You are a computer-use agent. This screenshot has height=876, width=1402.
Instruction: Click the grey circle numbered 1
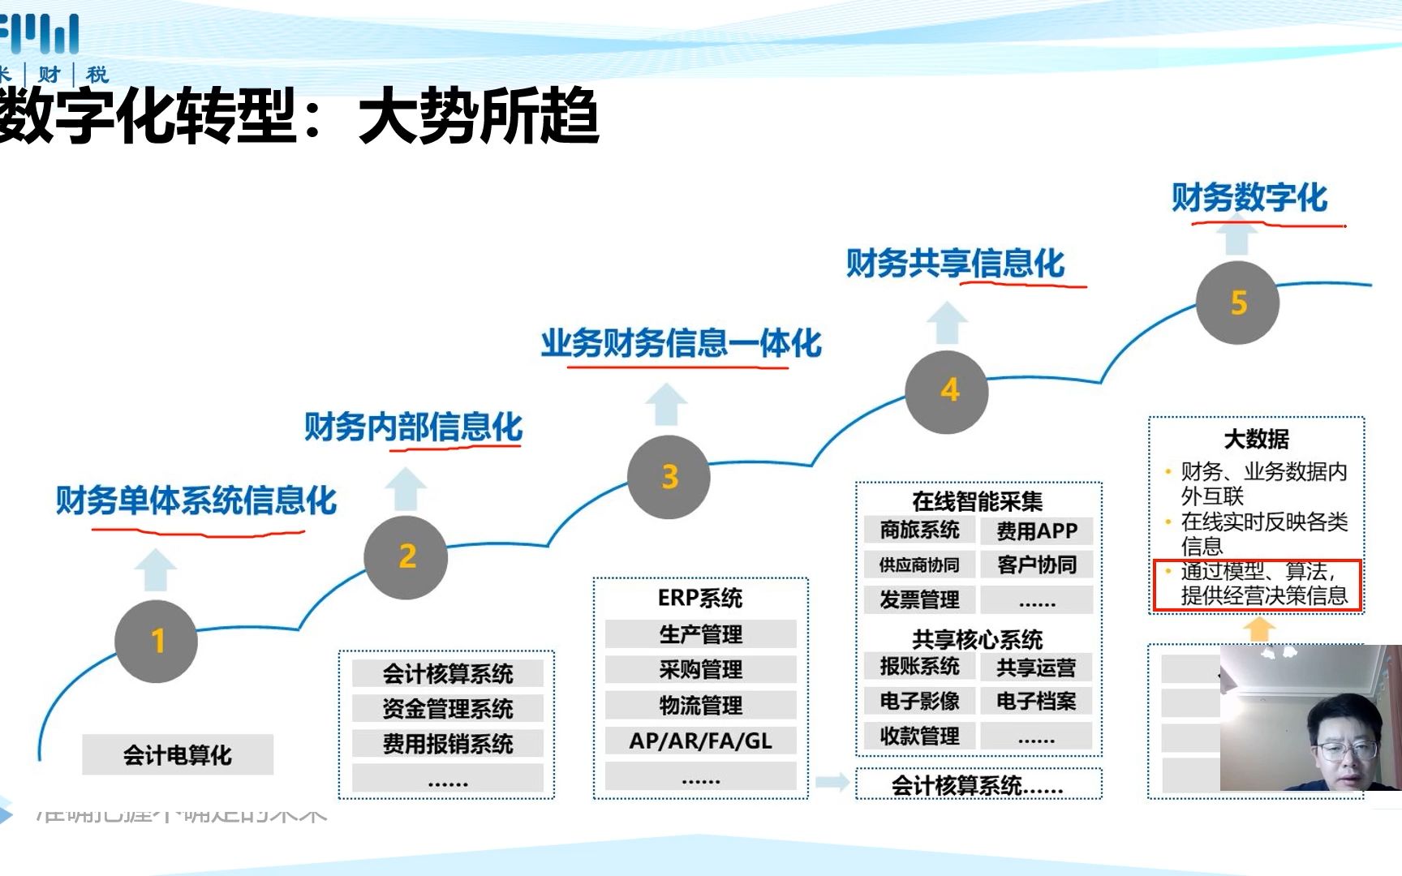tap(157, 641)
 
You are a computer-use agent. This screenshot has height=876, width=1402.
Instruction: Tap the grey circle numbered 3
tap(669, 477)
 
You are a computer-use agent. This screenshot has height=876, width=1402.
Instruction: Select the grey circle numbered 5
tap(1237, 303)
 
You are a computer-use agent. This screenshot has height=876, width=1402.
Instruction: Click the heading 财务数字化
tap(1249, 198)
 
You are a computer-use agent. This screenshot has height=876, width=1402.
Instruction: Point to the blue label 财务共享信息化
tap(955, 264)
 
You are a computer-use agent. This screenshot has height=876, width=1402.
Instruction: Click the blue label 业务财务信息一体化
tap(681, 343)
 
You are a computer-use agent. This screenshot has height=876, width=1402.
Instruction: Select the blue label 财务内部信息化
tap(413, 427)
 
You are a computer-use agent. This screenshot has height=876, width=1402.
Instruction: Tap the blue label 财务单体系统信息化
tap(196, 500)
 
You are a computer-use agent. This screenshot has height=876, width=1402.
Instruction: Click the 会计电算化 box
tap(178, 755)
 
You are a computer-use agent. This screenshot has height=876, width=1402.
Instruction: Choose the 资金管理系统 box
tap(447, 709)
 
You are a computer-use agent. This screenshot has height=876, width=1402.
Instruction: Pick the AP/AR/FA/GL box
tap(700, 741)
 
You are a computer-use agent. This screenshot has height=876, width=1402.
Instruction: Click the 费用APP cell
tap(1036, 531)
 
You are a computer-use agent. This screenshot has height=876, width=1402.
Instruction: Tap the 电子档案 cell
tap(1036, 701)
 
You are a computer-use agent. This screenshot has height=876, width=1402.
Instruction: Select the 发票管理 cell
tap(919, 599)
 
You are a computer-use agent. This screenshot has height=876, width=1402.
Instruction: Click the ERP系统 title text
tap(700, 598)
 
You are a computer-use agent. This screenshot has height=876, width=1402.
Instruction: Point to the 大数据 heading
tap(1256, 439)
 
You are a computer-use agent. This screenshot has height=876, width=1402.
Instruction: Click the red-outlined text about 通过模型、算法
tap(1257, 584)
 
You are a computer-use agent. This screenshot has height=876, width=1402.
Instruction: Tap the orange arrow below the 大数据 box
tap(1259, 629)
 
